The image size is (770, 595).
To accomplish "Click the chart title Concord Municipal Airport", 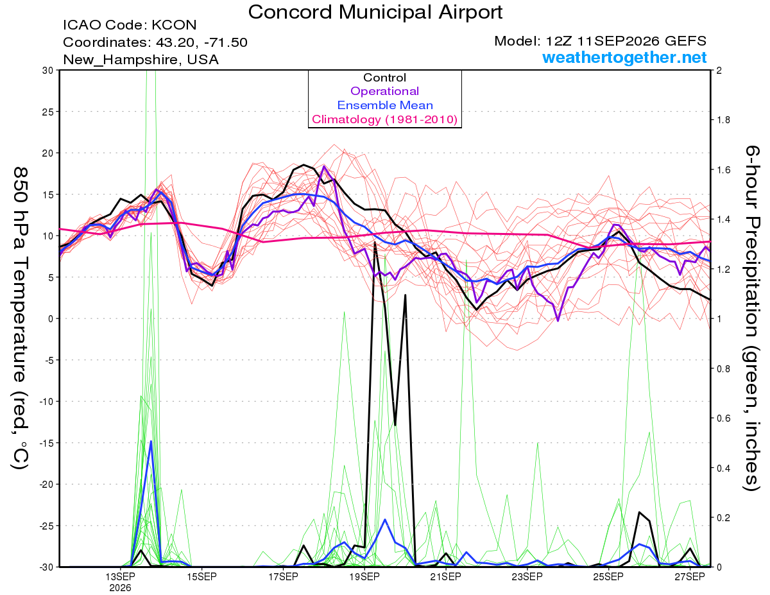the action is pyautogui.click(x=375, y=12).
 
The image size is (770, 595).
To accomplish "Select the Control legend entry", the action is pyautogui.click(x=384, y=78).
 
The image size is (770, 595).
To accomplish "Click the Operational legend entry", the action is pyautogui.click(x=384, y=91).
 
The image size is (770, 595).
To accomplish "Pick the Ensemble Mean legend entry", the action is pyautogui.click(x=385, y=105).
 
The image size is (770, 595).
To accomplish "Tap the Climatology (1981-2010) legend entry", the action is pyautogui.click(x=384, y=119).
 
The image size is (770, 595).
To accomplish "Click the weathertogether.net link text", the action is pyautogui.click(x=624, y=58).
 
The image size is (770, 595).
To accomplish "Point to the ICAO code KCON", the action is pyautogui.click(x=174, y=25).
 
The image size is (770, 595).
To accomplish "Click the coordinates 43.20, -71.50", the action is pyautogui.click(x=201, y=42).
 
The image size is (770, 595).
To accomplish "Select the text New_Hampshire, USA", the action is pyautogui.click(x=141, y=60).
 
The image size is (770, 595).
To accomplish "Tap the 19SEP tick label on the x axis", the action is pyautogui.click(x=364, y=576).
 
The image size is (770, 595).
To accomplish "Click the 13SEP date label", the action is pyautogui.click(x=120, y=576).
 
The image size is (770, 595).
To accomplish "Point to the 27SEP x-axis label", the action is pyautogui.click(x=690, y=576).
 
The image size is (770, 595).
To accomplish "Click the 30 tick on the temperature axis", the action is pyautogui.click(x=48, y=71).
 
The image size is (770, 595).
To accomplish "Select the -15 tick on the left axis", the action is pyautogui.click(x=46, y=443).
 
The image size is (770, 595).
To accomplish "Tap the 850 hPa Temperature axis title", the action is pyautogui.click(x=21, y=318).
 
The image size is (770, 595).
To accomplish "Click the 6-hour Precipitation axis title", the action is pyautogui.click(x=752, y=318).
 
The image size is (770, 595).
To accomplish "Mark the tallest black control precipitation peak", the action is pyautogui.click(x=375, y=243).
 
